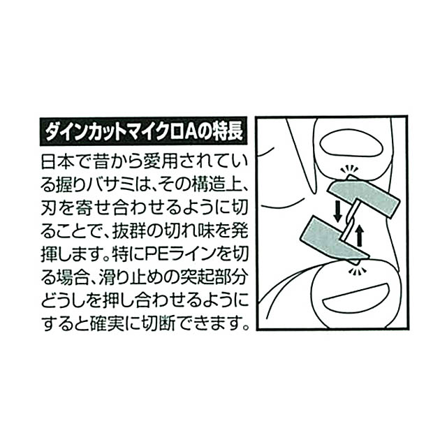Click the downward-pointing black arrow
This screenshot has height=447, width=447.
pos(337,211)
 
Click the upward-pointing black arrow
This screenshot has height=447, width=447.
pos(360,235)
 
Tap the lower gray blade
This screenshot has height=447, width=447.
pos(334,239)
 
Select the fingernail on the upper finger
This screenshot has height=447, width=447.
pos(351,143)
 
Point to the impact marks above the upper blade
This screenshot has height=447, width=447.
pos(349,169)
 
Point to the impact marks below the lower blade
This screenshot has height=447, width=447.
pos(356,270)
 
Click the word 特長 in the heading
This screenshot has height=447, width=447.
pos(228,132)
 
